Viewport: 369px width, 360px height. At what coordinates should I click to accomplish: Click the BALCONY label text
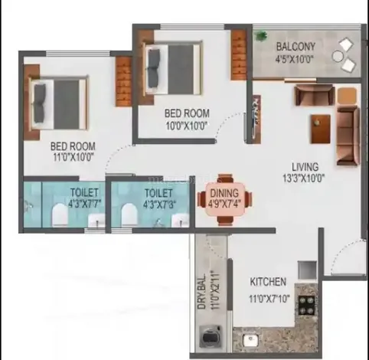(x=296, y=46)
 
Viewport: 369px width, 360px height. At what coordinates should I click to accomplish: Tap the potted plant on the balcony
(x=261, y=35)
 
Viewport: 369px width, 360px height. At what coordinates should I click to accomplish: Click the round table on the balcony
(x=338, y=56)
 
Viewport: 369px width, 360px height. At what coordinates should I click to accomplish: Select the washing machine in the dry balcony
(x=210, y=337)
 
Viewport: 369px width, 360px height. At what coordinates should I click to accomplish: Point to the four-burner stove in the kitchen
(x=307, y=305)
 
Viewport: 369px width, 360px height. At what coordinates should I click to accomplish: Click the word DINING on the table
(x=224, y=193)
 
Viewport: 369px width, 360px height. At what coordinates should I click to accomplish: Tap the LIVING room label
(x=305, y=167)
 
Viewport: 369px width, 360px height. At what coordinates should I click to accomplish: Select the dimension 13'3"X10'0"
(x=304, y=178)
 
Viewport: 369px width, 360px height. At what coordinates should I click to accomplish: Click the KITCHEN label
(x=268, y=282)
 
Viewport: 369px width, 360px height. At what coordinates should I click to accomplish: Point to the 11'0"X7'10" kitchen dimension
(x=269, y=298)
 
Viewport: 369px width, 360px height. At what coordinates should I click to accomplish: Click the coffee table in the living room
(x=321, y=129)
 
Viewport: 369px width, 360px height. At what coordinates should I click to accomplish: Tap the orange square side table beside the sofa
(x=347, y=95)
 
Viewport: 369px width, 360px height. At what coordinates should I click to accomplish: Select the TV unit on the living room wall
(x=256, y=119)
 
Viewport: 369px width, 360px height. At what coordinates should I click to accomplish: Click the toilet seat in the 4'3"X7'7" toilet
(x=60, y=214)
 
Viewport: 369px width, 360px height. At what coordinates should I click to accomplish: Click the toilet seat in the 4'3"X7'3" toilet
(x=129, y=214)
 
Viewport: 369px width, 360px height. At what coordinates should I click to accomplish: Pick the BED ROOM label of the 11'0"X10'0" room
(x=73, y=146)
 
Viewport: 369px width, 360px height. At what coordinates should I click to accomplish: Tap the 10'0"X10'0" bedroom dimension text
(x=187, y=126)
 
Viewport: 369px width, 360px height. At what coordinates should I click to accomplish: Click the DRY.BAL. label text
(x=201, y=292)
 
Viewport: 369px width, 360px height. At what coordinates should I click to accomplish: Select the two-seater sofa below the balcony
(x=315, y=94)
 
